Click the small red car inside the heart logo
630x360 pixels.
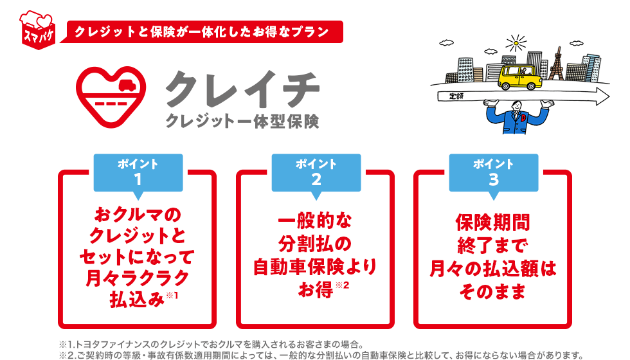[x=126, y=84]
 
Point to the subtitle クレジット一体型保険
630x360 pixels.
[x=242, y=121]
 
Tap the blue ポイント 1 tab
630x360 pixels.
[x=138, y=172]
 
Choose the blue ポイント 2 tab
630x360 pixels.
[x=316, y=172]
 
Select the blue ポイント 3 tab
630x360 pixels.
[x=493, y=172]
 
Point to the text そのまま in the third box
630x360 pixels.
[x=492, y=292]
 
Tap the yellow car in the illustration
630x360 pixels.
[x=519, y=77]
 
